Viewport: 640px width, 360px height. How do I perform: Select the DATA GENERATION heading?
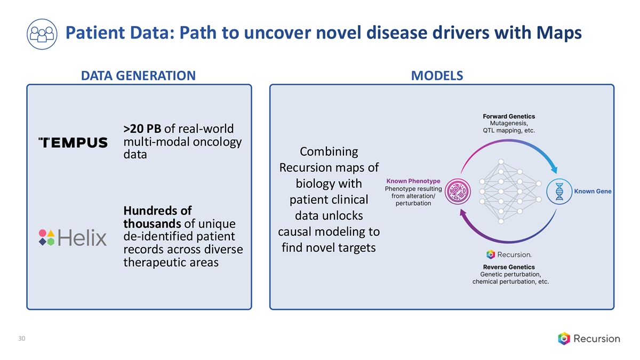click(x=138, y=76)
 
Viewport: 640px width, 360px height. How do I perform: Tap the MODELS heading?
click(x=437, y=76)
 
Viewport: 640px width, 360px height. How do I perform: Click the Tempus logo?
click(x=73, y=142)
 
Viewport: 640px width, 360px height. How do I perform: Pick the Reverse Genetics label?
click(x=509, y=267)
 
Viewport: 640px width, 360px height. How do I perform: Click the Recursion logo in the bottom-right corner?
click(x=589, y=338)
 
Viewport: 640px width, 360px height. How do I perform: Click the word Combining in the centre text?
click(x=329, y=151)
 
